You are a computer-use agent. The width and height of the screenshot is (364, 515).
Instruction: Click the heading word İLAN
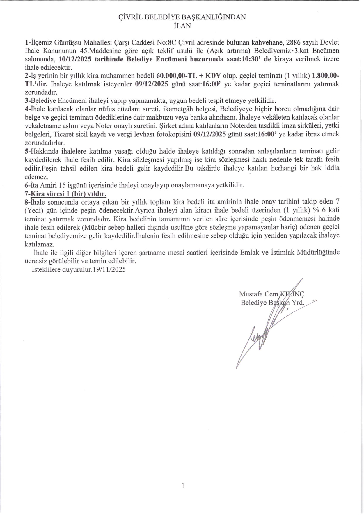coord(182,26)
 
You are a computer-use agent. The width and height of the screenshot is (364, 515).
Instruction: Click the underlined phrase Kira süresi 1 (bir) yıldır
coord(69,193)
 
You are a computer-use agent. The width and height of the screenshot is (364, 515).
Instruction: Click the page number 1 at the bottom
coord(183,485)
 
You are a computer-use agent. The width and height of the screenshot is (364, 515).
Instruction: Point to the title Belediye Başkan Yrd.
coord(272,303)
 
